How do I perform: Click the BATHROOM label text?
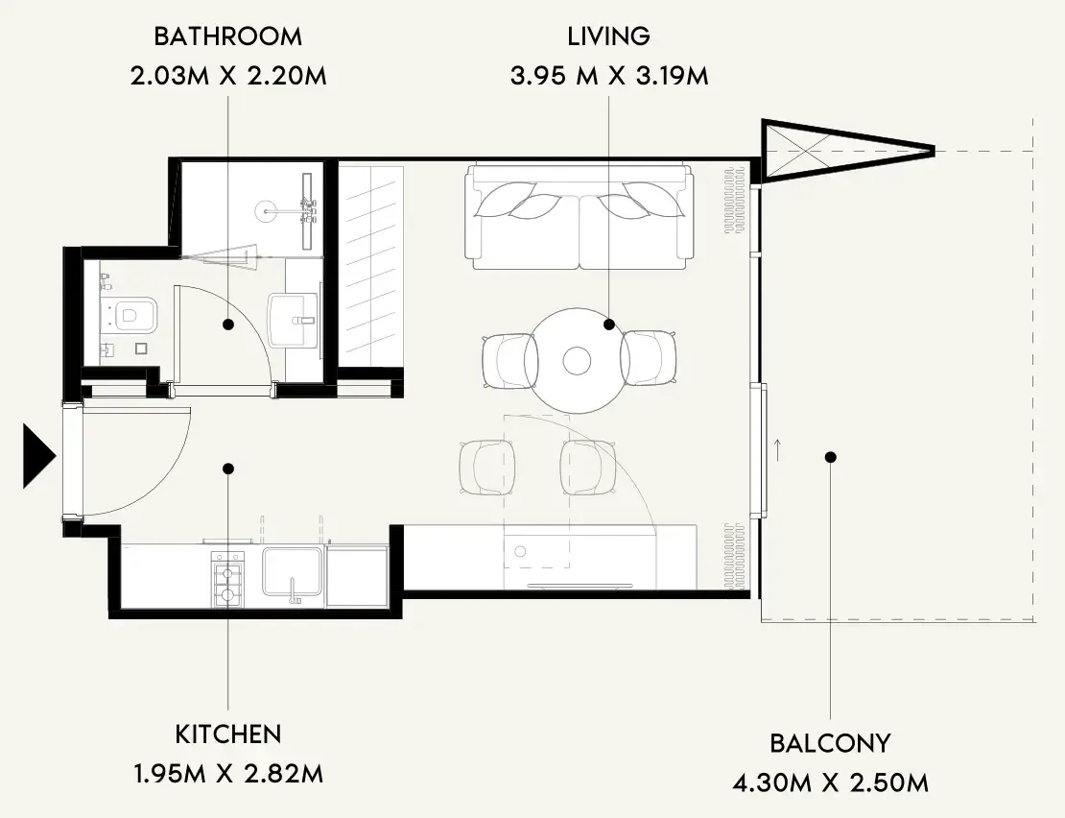pos(228,36)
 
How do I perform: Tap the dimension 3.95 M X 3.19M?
pos(609,76)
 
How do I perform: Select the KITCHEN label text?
pos(228,734)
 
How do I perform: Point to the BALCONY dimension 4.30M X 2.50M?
pos(830,782)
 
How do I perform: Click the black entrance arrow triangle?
pos(38,456)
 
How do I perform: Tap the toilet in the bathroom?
pos(133,314)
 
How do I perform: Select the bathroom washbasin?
pos(293,320)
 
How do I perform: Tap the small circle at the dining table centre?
pos(577,361)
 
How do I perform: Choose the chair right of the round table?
pos(649,359)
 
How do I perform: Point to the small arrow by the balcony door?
pos(777,450)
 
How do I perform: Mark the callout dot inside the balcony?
pos(830,457)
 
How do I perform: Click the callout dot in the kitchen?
pos(229,469)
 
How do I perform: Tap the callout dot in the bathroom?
pos(228,325)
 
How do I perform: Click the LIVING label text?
pos(608,36)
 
